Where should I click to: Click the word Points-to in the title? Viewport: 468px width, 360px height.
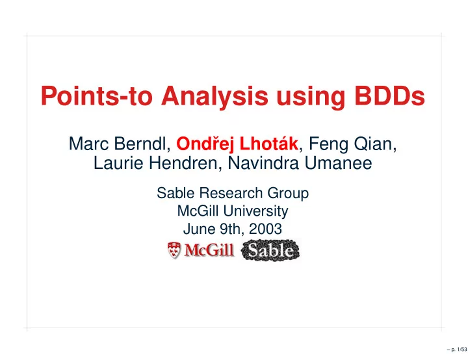(x=97, y=96)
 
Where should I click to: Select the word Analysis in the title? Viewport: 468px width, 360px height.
(x=214, y=97)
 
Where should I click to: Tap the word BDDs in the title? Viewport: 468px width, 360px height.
(x=389, y=96)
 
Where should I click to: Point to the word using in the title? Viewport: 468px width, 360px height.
(x=311, y=97)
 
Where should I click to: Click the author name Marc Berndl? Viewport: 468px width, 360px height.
(x=118, y=144)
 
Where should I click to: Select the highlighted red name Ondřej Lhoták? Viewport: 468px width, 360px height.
(x=237, y=144)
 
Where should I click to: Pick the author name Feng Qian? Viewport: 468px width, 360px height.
(x=350, y=144)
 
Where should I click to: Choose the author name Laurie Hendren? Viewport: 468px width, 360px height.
(x=155, y=163)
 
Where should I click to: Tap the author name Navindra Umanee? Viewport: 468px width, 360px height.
(x=300, y=163)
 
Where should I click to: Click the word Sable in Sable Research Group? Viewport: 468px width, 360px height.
(x=175, y=193)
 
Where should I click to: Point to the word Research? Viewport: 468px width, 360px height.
(x=231, y=193)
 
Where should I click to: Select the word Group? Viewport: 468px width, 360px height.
(x=288, y=194)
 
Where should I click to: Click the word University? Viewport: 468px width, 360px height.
(x=255, y=211)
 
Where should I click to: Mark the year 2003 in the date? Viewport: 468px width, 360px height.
(x=265, y=229)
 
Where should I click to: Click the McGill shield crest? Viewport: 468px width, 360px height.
(x=174, y=250)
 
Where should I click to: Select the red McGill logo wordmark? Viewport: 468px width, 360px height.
(x=209, y=250)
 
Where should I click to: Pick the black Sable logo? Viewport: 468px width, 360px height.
(x=270, y=250)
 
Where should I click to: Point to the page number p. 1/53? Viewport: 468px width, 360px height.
(x=457, y=349)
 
